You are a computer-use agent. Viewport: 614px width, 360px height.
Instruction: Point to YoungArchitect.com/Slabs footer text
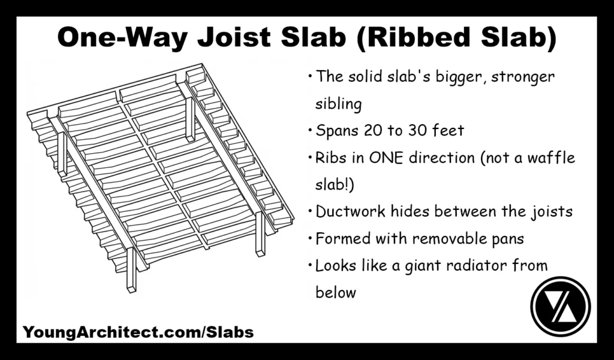[138, 332]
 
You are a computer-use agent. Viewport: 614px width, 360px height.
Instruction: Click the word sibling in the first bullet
[339, 104]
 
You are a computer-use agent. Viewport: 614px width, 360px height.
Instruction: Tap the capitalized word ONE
[387, 158]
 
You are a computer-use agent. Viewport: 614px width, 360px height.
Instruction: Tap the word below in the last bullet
[336, 292]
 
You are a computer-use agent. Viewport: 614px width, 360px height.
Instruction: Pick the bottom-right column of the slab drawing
[260, 234]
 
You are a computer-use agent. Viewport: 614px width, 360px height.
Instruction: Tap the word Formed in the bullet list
[343, 238]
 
